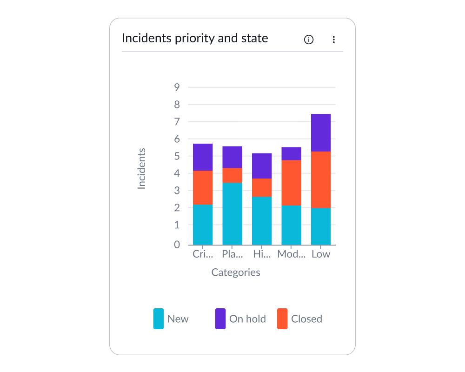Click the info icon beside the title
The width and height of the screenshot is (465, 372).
(x=309, y=40)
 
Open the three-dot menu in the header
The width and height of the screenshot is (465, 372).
(x=333, y=40)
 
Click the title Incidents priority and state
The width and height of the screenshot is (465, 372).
(x=195, y=38)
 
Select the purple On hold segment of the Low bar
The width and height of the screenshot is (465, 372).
(x=321, y=133)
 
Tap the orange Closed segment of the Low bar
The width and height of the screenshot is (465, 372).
(x=321, y=179)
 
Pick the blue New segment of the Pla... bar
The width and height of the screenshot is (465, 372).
(x=232, y=214)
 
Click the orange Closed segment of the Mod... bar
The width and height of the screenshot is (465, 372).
(x=291, y=183)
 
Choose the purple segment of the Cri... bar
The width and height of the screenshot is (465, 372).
(x=203, y=157)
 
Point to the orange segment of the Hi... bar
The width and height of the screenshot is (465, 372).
(x=262, y=187)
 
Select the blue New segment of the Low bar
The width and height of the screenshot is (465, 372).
(x=321, y=226)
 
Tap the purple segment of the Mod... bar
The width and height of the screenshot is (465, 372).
(x=291, y=153)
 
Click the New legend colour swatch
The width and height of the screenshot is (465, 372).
(x=159, y=319)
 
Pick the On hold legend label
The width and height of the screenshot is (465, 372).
(x=247, y=319)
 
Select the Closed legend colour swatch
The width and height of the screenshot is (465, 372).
(x=282, y=319)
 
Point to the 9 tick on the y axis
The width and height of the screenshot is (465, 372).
(x=177, y=87)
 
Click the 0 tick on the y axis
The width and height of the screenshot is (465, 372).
(x=177, y=245)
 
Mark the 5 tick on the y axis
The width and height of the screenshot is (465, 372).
(x=177, y=156)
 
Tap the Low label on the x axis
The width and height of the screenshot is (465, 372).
(x=321, y=254)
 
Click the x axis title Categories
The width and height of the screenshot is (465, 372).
(x=236, y=272)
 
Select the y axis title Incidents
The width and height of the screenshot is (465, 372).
(x=142, y=168)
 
